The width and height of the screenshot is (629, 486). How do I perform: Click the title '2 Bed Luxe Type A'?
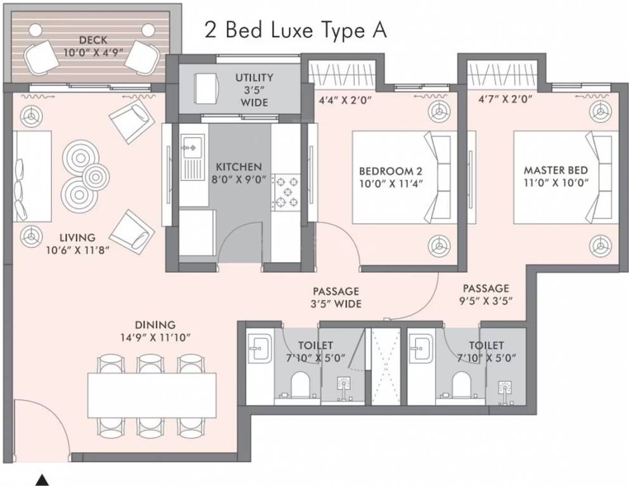click(x=296, y=30)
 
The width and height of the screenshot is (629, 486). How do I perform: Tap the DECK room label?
click(x=93, y=46)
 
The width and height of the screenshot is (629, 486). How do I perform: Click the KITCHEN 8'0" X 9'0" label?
click(x=239, y=173)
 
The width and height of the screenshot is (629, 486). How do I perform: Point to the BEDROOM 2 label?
click(x=391, y=177)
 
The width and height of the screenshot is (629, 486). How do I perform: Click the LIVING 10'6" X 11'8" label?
click(x=78, y=244)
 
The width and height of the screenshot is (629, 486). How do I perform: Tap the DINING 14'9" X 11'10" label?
click(x=155, y=331)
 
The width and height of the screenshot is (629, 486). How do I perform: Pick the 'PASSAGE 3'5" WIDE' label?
click(x=336, y=297)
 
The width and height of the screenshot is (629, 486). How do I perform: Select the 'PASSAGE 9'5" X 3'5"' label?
click(x=486, y=294)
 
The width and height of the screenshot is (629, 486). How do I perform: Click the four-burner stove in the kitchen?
click(x=286, y=192)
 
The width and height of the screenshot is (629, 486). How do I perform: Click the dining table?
click(x=152, y=396)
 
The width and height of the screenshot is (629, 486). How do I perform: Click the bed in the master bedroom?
click(x=566, y=177)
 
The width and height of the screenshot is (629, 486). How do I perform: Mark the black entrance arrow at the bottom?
click(x=41, y=480)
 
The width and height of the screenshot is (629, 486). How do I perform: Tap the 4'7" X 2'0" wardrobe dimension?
click(x=505, y=99)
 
